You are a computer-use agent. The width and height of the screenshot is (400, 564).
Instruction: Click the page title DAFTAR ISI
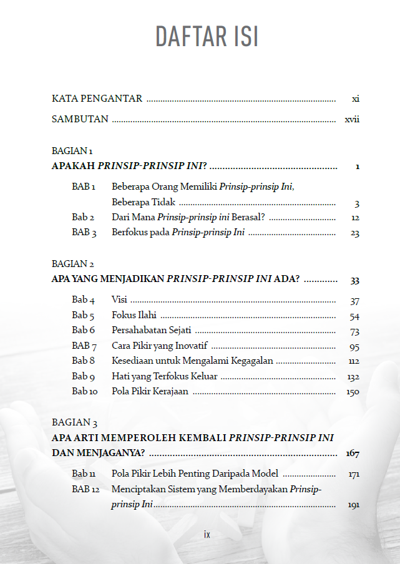tap(207, 37)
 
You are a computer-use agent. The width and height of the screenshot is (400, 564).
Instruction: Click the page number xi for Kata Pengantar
tap(355, 99)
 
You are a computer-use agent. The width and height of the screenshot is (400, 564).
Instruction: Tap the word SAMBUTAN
tap(80, 119)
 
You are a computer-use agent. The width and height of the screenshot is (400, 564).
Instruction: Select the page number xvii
tap(352, 119)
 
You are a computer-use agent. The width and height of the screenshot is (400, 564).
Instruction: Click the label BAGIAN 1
tap(72, 151)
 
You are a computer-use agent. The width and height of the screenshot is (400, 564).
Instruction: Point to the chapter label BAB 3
tap(84, 233)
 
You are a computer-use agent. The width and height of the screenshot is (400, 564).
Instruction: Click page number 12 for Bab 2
tap(354, 218)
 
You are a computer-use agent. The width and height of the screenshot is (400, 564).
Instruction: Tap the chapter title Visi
tap(119, 300)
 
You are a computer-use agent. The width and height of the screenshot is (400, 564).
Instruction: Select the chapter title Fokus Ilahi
tap(134, 315)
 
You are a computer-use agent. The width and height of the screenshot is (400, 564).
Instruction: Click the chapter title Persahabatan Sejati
tap(152, 331)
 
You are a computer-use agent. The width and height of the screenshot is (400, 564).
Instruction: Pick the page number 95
tap(354, 346)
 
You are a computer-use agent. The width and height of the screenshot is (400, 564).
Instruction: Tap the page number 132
tap(353, 377)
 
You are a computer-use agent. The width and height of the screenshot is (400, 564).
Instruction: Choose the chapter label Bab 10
tap(85, 392)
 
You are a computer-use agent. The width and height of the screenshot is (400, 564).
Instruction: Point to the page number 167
tap(352, 454)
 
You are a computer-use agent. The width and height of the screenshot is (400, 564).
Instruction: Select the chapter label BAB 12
tap(85, 489)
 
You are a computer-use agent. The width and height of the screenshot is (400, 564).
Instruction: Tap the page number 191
tap(353, 505)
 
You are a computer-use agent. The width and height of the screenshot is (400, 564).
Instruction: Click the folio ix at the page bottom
tap(207, 535)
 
